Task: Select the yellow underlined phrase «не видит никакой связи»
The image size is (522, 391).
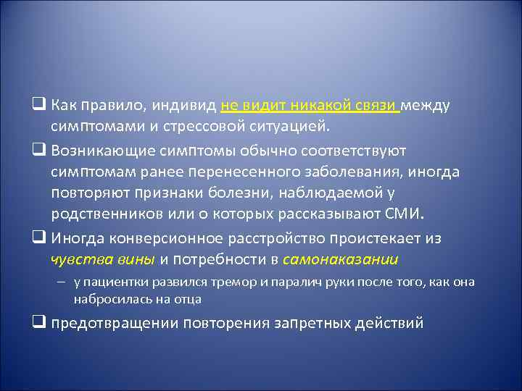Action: tap(310, 106)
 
